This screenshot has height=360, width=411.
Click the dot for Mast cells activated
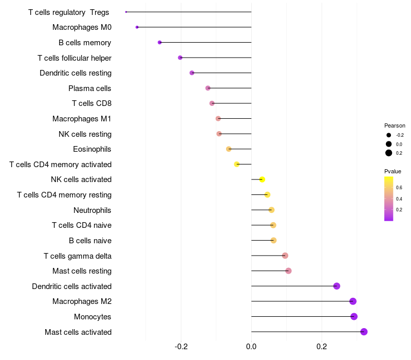[364, 332]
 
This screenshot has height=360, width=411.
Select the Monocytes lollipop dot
[354, 316]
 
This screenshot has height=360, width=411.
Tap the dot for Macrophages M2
[353, 301]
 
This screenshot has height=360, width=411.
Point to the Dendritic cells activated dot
[337, 286]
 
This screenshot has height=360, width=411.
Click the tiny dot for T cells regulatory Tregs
[126, 12]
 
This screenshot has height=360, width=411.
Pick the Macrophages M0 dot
[137, 27]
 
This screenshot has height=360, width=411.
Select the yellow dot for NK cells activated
[262, 179]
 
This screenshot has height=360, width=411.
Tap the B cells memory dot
[159, 42]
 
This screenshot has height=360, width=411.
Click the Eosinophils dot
[229, 149]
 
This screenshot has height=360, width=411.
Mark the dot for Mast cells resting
[288, 271]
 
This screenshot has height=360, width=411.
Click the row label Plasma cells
[90, 88]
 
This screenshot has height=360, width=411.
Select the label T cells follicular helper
[74, 58]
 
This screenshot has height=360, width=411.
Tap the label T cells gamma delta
[78, 256]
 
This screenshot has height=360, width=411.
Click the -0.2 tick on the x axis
[181, 347]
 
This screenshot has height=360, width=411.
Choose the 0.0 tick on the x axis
[251, 347]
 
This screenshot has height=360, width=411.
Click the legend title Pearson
[395, 125]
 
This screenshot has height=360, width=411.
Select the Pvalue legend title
[393, 171]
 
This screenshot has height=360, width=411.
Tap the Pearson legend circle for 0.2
[389, 153]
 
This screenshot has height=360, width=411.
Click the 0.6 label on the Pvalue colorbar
[399, 187]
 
